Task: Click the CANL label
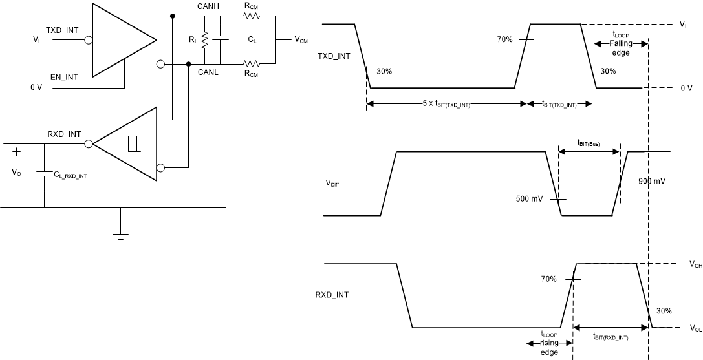[208, 72]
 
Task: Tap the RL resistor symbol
[204, 39]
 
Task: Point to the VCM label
[301, 40]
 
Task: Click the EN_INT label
[62, 77]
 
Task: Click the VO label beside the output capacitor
[16, 173]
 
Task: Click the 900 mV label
[651, 182]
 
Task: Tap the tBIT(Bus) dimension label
[588, 144]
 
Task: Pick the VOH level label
[695, 264]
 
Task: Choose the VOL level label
[695, 328]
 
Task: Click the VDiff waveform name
[333, 183]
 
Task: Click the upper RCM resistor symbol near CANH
[250, 15]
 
